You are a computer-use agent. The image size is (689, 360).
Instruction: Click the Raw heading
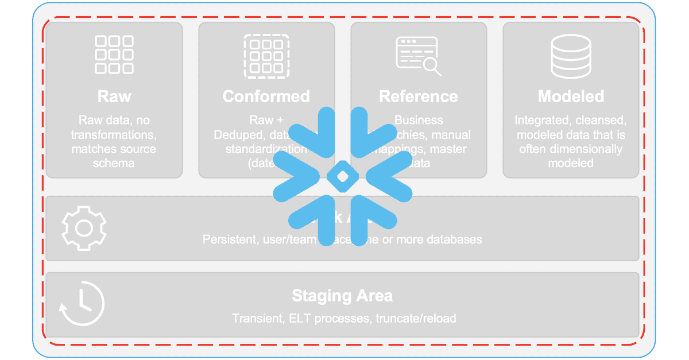point(114,96)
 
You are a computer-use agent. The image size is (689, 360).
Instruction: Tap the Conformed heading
point(266,96)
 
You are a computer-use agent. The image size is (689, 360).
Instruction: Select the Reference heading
point(419,96)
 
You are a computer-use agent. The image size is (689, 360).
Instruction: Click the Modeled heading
point(571,96)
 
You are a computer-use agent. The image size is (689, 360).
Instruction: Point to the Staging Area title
point(342,296)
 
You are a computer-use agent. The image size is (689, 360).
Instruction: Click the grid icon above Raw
point(114,55)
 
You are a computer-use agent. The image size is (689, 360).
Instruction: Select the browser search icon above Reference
point(419,56)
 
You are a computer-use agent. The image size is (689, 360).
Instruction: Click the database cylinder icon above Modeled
point(571,56)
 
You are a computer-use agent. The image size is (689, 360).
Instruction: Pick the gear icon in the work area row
point(84,229)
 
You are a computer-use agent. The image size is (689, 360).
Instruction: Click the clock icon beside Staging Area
point(82,304)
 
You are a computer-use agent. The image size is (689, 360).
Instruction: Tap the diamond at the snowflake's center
point(342,177)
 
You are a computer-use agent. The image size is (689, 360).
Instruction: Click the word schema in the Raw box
point(114,163)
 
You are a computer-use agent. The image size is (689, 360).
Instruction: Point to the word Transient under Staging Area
point(255,318)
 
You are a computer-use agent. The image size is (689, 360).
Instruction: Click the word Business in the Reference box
point(419,120)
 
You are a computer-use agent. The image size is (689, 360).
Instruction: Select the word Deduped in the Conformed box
point(237,135)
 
